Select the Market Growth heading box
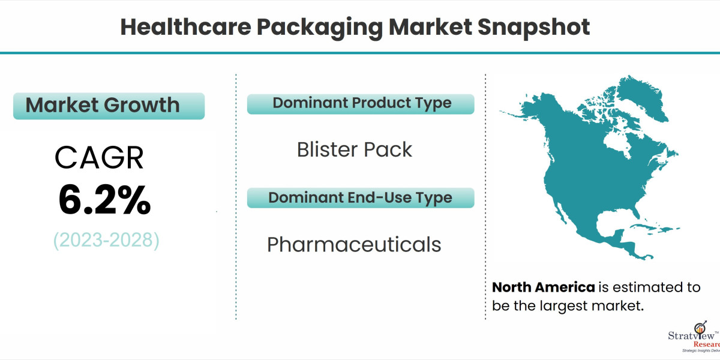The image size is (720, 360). click(109, 106)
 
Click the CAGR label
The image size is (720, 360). click(99, 158)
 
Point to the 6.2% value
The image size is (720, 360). click(104, 200)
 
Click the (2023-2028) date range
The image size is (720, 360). click(106, 240)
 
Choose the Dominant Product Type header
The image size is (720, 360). click(361, 103)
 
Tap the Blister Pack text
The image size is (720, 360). click(355, 149)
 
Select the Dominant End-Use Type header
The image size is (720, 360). click(360, 197)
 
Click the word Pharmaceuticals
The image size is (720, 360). click(354, 244)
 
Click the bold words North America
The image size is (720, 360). click(544, 287)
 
